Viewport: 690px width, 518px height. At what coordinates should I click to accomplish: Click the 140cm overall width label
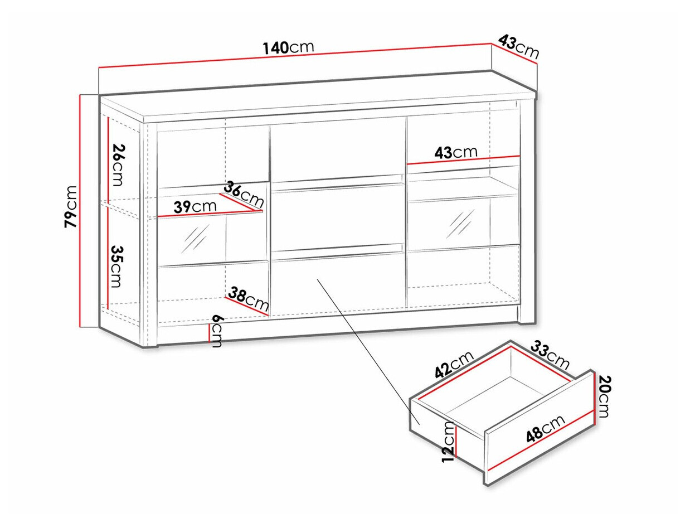pyautogui.click(x=288, y=48)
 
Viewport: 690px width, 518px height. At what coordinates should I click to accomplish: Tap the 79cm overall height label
pyautogui.click(x=70, y=207)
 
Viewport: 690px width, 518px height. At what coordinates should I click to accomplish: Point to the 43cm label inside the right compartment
pyautogui.click(x=456, y=152)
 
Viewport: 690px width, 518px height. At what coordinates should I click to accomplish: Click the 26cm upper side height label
pyautogui.click(x=119, y=165)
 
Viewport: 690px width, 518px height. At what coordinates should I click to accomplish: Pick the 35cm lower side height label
pyautogui.click(x=118, y=267)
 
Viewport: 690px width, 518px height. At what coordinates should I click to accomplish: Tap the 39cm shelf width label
pyautogui.click(x=195, y=206)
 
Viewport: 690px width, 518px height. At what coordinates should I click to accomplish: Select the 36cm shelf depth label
pyautogui.click(x=244, y=194)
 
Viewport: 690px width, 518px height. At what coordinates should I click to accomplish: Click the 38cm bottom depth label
pyautogui.click(x=249, y=298)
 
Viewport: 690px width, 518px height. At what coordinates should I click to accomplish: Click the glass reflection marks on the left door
pyautogui.click(x=195, y=239)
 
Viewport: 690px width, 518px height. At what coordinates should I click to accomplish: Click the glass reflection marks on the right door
pyautogui.click(x=460, y=224)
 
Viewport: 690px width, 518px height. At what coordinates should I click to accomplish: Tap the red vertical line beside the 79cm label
pyautogui.click(x=80, y=211)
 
